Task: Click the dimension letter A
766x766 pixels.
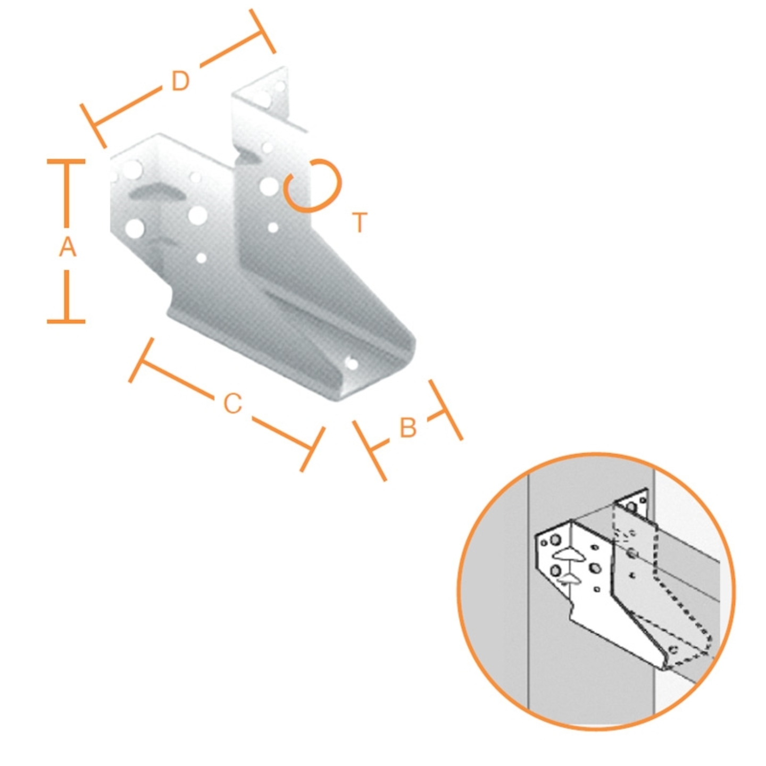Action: [x=68, y=247]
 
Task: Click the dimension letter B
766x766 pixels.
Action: [x=408, y=428]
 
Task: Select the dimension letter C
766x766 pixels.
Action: [x=233, y=404]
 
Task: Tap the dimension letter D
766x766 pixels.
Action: [x=180, y=81]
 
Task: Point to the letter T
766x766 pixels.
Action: [x=360, y=222]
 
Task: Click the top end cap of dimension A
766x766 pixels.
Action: [x=66, y=161]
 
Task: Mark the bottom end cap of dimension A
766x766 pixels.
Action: [x=66, y=321]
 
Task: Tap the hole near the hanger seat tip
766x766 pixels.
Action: [x=352, y=363]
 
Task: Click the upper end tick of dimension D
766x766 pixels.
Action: [x=262, y=31]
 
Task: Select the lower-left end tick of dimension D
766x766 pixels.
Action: [x=94, y=126]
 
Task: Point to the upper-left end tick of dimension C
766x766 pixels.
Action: [x=141, y=360]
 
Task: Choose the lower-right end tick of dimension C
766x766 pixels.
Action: [x=313, y=449]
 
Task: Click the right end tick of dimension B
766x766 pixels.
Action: [x=446, y=410]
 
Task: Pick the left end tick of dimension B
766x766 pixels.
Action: [x=369, y=451]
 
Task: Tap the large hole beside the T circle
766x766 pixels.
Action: [x=269, y=186]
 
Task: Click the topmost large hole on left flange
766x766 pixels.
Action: [x=132, y=170]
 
